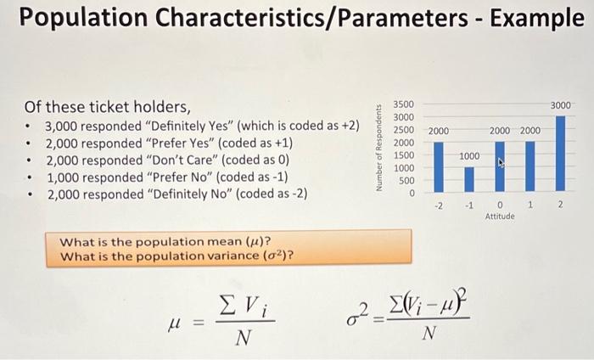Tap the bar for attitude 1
pos(530,166)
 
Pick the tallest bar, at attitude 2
pos(560,154)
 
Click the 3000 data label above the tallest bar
pos(560,104)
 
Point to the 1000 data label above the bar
pos(469,157)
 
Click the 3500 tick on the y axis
pos(403,104)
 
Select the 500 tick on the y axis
pos(406,180)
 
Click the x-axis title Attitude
pos(501,217)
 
